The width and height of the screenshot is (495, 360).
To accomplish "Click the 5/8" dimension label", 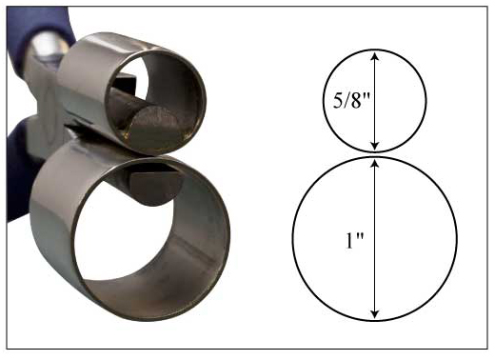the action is coord(351,101).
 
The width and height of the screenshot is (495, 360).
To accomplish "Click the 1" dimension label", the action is coord(354,240).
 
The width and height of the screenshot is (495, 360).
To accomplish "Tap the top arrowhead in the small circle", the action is coord(375,56).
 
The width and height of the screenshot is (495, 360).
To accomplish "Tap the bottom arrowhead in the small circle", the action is coord(375,145).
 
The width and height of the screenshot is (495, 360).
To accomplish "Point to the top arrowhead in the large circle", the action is coord(375,163).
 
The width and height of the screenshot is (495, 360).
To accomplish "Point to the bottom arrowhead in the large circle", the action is coord(375,313).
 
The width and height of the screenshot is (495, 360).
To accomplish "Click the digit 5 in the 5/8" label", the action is coord(337,101).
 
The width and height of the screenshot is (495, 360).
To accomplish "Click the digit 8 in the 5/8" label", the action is coord(356,101).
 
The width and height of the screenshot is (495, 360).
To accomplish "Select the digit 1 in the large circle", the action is coord(349,241).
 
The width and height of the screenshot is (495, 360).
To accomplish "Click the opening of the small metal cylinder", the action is coord(155,102).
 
